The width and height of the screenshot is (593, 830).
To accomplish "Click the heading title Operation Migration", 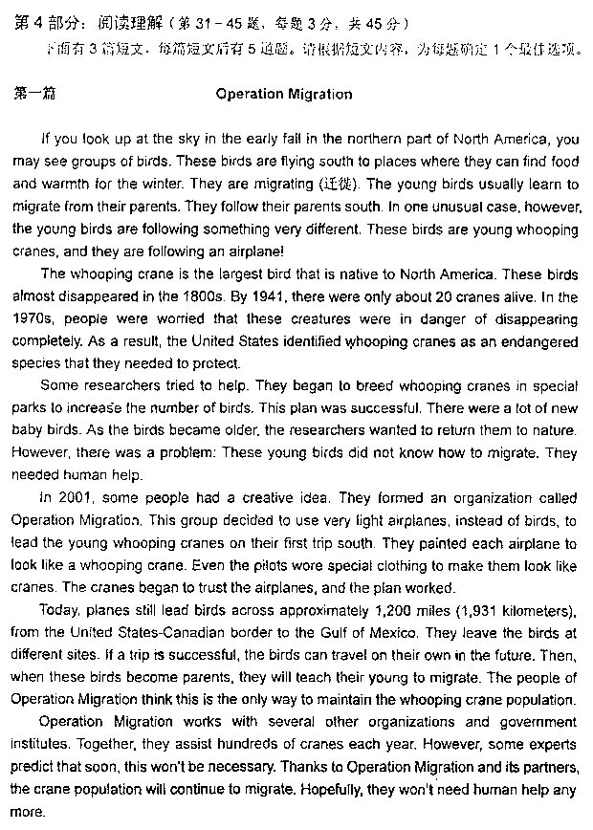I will point(284,95).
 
